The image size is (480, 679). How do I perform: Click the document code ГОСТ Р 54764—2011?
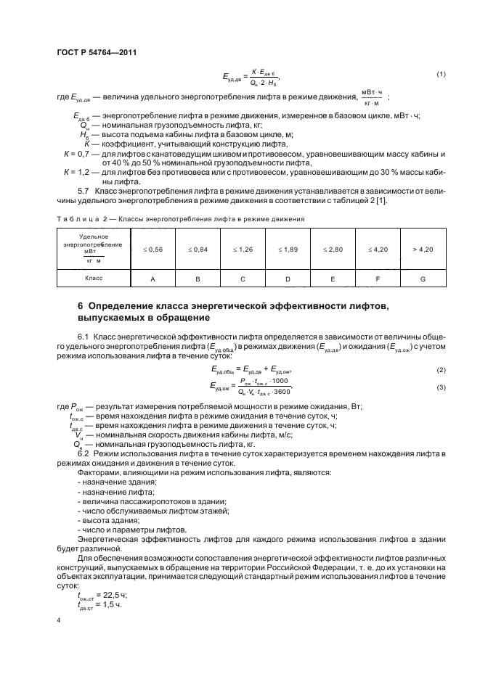95,52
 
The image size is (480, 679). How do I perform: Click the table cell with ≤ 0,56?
153,249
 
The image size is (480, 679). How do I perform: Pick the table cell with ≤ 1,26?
243,249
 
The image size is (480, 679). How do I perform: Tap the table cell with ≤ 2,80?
333,249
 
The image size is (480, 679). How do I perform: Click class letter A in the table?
153,278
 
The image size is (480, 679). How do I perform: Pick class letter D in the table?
288,278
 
